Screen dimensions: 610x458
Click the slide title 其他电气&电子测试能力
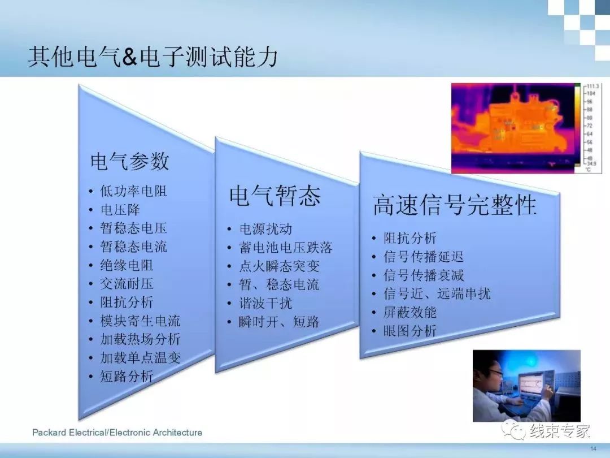point(153,57)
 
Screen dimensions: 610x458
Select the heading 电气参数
point(129,161)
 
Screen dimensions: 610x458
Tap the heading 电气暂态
point(275,196)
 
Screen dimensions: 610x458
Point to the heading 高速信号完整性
point(455,205)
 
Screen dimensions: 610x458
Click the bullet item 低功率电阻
point(133,191)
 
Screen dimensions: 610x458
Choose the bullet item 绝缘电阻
point(127,265)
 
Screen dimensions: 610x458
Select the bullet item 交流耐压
point(127,283)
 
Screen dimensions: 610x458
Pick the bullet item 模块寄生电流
point(140,321)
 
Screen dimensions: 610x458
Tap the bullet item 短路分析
point(127,376)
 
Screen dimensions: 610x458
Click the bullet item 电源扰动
point(265,229)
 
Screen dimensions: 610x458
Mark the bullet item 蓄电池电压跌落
point(286,248)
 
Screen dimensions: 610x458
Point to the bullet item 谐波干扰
point(265,303)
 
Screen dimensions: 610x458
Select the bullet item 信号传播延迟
point(424,257)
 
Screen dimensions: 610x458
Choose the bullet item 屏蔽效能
point(410,312)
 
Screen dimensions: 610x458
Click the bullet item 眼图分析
point(410,331)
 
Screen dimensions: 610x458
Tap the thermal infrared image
point(526,128)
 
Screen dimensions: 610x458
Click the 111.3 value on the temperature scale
point(592,86)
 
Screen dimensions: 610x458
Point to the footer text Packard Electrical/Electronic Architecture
point(117,433)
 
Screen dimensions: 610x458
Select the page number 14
point(593,448)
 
